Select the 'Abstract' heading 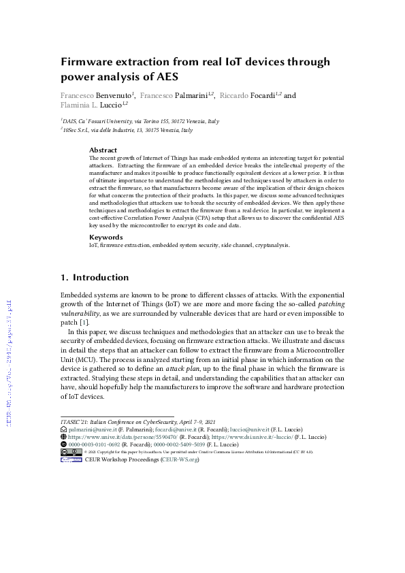coord(103,150)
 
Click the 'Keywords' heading coord(106,237)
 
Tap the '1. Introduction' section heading coord(95,278)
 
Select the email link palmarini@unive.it coord(92,430)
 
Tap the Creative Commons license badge coord(71,452)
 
